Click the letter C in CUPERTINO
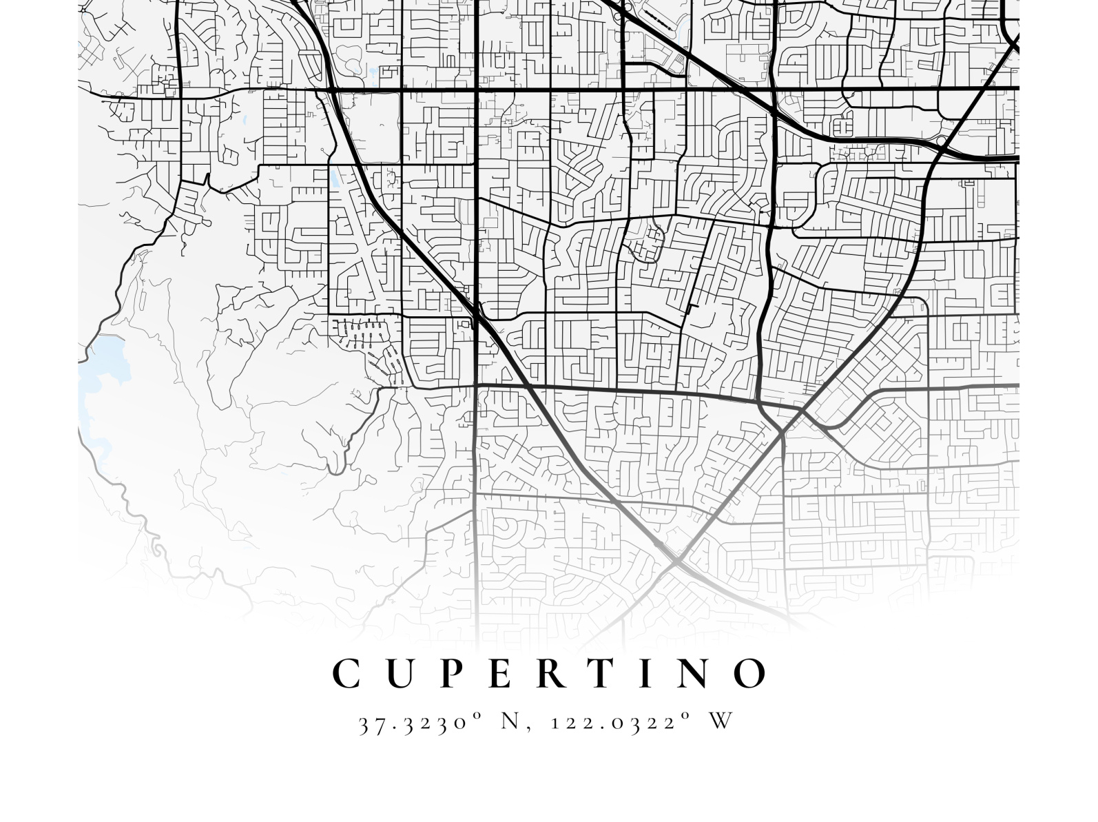click(347, 674)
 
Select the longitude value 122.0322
click(610, 723)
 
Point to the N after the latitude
click(509, 721)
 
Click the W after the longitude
click(721, 721)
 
